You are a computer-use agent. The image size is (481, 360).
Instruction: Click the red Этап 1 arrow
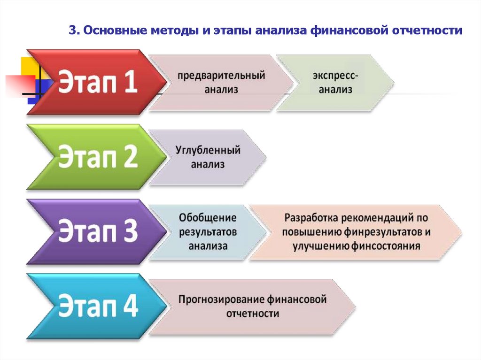point(94,82)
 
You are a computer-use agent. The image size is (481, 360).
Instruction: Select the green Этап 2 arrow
point(94,157)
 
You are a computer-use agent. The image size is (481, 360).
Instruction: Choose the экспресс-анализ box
point(334,82)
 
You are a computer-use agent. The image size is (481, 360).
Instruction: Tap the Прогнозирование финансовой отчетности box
point(252,306)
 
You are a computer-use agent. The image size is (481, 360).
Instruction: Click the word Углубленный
point(208,151)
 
